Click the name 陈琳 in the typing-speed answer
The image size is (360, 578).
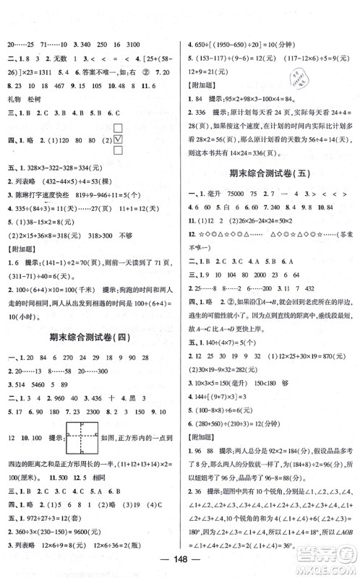pyautogui.click(x=27, y=216)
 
